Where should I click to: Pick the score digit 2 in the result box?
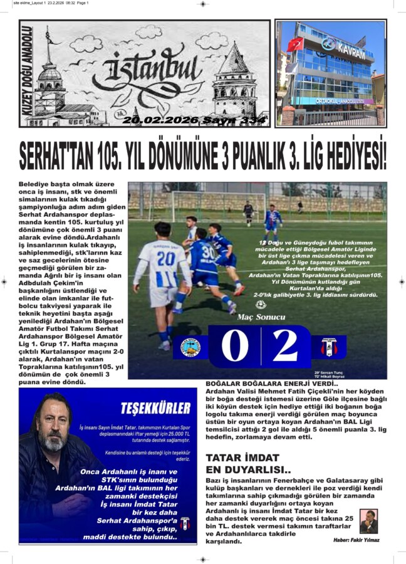pos(286,345)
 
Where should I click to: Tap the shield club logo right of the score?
pos(329,347)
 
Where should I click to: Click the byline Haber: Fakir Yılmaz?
pos(357,540)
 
